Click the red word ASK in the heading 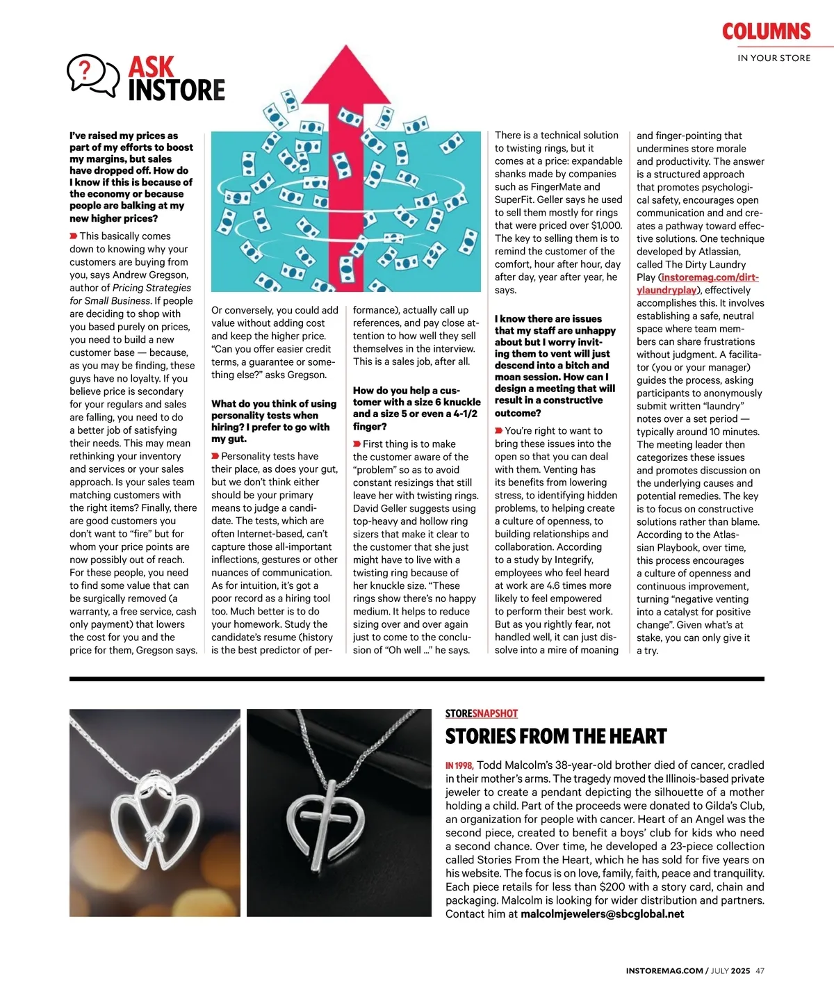pyautogui.click(x=151, y=67)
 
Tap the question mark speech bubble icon pyautogui.click(x=92, y=74)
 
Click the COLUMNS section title pyautogui.click(x=766, y=31)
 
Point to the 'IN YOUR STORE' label pyautogui.click(x=774, y=58)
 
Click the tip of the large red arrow pyautogui.click(x=345, y=49)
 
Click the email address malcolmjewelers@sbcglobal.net pyautogui.click(x=602, y=914)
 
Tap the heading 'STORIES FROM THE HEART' pyautogui.click(x=555, y=736)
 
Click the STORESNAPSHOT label pyautogui.click(x=481, y=713)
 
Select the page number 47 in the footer pyautogui.click(x=760, y=971)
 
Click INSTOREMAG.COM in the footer pyautogui.click(x=664, y=971)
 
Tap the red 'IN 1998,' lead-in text pyautogui.click(x=459, y=765)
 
